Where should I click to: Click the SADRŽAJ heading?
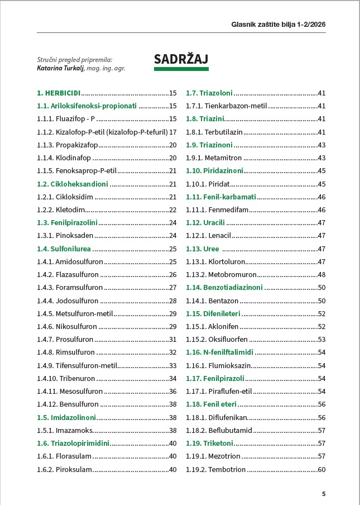181,59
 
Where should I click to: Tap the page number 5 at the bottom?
324,494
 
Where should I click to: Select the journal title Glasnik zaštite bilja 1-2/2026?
279,25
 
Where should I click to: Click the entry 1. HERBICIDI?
59,93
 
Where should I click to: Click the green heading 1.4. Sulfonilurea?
64,249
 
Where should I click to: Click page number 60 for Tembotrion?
321,469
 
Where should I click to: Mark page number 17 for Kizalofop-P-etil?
172,132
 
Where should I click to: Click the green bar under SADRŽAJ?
181,69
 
